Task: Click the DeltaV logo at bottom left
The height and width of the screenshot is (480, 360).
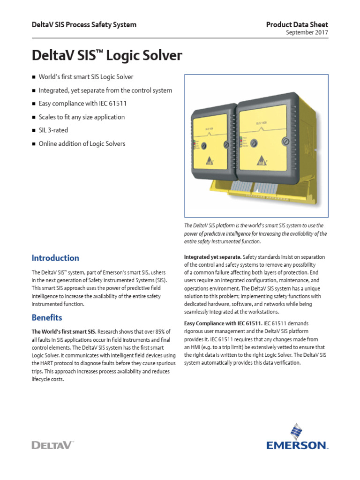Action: coord(53,444)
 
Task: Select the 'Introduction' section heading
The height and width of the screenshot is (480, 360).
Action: coord(55,258)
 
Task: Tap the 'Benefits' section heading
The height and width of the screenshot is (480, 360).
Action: coord(47,317)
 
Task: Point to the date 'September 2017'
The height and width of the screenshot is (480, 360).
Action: coord(307,33)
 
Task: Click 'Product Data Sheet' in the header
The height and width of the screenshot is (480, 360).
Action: coord(297,24)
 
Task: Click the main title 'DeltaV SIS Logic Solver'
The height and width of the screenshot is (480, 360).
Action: coord(107,56)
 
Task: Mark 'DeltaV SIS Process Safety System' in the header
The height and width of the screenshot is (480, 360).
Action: coord(84,24)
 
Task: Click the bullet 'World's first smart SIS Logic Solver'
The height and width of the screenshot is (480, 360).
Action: coord(86,77)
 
